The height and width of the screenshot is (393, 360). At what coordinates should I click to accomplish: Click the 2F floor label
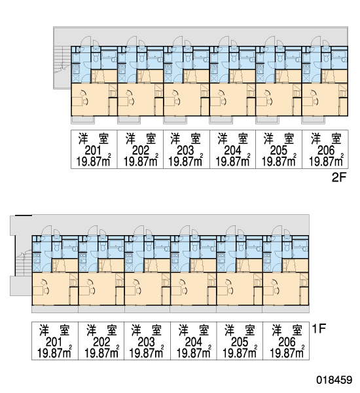click(338, 178)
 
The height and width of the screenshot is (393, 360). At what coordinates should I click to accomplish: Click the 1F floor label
click(319, 328)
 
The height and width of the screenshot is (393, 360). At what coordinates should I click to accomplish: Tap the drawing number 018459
click(334, 379)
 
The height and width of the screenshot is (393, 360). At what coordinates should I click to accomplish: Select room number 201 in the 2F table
click(93, 151)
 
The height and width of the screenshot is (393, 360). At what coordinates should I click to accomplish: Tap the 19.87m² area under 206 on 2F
click(326, 161)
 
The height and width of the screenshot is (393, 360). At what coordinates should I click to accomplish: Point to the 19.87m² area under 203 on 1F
click(147, 352)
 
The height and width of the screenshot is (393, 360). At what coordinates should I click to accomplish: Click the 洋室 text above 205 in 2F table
click(279, 139)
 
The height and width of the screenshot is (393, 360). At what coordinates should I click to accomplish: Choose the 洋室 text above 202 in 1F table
click(101, 330)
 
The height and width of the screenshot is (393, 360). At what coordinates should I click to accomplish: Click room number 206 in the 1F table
click(287, 342)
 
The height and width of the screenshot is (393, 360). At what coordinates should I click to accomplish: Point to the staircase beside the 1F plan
click(23, 262)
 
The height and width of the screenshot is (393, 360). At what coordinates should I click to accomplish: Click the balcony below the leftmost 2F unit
click(83, 120)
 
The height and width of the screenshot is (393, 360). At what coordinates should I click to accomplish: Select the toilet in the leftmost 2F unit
click(96, 58)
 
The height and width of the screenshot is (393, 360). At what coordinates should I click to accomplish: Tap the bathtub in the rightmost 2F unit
click(340, 56)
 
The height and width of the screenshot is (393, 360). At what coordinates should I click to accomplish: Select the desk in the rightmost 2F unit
click(308, 102)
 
